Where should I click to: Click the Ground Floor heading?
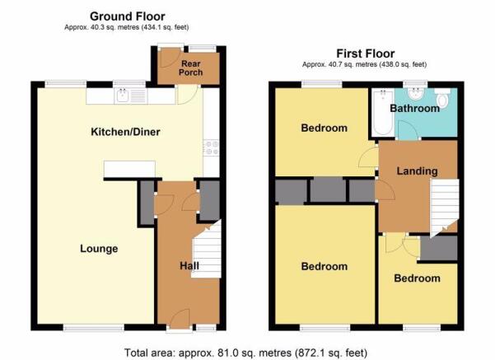pos(127,16)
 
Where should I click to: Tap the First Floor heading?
pos(365,54)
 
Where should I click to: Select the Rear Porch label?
pos(191,68)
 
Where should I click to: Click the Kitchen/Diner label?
pos(125,132)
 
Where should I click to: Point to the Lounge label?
pos(99,249)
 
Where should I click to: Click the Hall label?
pos(189,265)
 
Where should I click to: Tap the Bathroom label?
pos(415,108)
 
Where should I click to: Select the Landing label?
pos(417,171)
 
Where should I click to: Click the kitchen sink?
pos(131,96)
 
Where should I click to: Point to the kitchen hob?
pos(211,147)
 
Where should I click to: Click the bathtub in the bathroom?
pos(383,112)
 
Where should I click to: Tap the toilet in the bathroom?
pos(442,97)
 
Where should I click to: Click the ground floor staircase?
pos(207,250)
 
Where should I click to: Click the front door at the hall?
pos(180,319)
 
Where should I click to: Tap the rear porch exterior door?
pos(170,58)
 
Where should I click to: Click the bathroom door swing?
pos(409,130)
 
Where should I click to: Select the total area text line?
pos(246,353)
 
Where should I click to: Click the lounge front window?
pos(94,329)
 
